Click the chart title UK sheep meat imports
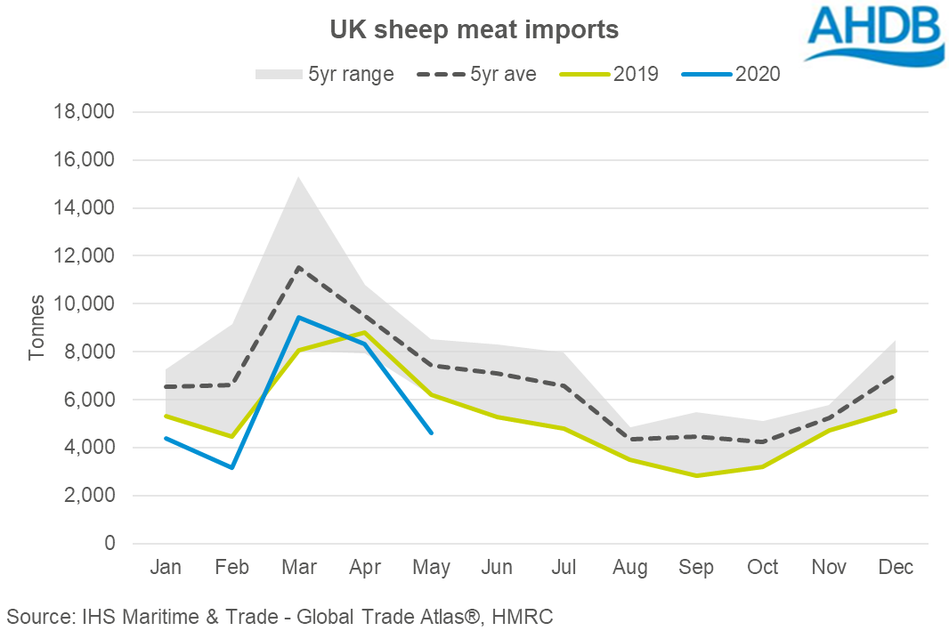(474, 29)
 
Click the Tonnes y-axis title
(36, 328)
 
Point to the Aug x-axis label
(630, 568)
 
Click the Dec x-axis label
(896, 568)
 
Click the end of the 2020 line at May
(432, 433)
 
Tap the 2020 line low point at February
(232, 467)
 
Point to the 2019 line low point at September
(696, 476)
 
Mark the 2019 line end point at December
(896, 410)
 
